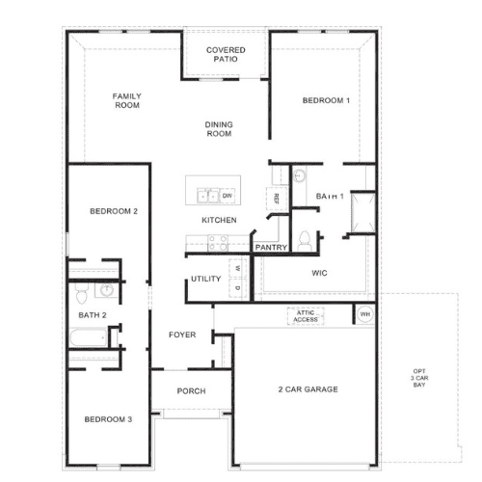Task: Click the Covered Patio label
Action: [226, 54]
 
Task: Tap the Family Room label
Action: [127, 100]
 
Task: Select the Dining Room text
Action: [219, 129]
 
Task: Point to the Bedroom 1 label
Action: [326, 100]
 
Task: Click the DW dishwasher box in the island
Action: [228, 196]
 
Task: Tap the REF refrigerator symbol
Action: [277, 199]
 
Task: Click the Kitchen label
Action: [219, 220]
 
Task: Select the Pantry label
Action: [271, 247]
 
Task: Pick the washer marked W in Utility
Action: [238, 268]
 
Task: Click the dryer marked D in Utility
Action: [238, 288]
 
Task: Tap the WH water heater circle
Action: [365, 314]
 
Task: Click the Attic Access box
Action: [306, 316]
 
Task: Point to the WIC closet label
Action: [319, 273]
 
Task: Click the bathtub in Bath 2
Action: [89, 337]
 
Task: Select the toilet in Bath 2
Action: [82, 293]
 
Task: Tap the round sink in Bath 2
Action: [106, 290]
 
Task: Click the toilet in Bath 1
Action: [305, 241]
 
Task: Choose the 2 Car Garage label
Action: [308, 389]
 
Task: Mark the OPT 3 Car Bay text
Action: [419, 378]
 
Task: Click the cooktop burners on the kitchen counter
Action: [218, 243]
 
